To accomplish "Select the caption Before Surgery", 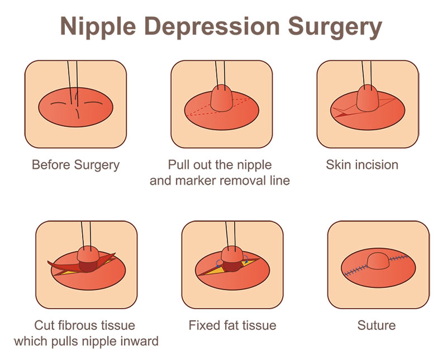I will point(75,165).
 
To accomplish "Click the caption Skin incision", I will point(362,165).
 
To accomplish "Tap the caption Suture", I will point(376,325).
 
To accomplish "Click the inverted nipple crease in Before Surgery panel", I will point(75,106).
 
